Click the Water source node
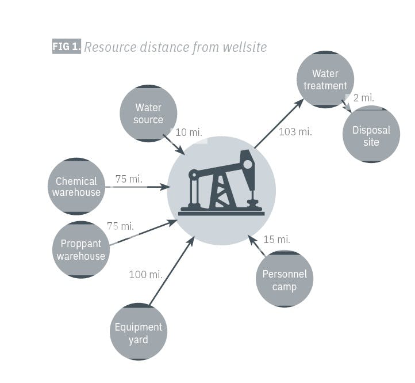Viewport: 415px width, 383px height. (148, 113)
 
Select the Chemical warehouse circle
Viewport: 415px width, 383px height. (76, 187)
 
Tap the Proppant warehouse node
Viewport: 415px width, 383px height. (80, 250)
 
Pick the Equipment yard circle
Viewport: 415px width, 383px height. (138, 333)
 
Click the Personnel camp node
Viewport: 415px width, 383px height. (285, 279)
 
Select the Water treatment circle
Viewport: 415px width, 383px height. (325, 79)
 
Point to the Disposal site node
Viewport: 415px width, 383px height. (371, 135)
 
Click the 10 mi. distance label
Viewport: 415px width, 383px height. (189, 132)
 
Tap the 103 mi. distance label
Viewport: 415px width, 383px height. (295, 132)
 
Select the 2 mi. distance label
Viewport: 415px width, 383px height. (363, 98)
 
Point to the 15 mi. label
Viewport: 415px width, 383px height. (276, 239)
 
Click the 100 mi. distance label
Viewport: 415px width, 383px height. (145, 274)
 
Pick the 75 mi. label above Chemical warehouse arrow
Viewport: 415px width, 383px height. (129, 179)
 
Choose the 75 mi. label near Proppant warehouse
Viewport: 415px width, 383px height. (120, 226)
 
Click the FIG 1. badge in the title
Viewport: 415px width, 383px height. (67, 47)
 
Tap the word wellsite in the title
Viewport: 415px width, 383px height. (245, 47)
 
